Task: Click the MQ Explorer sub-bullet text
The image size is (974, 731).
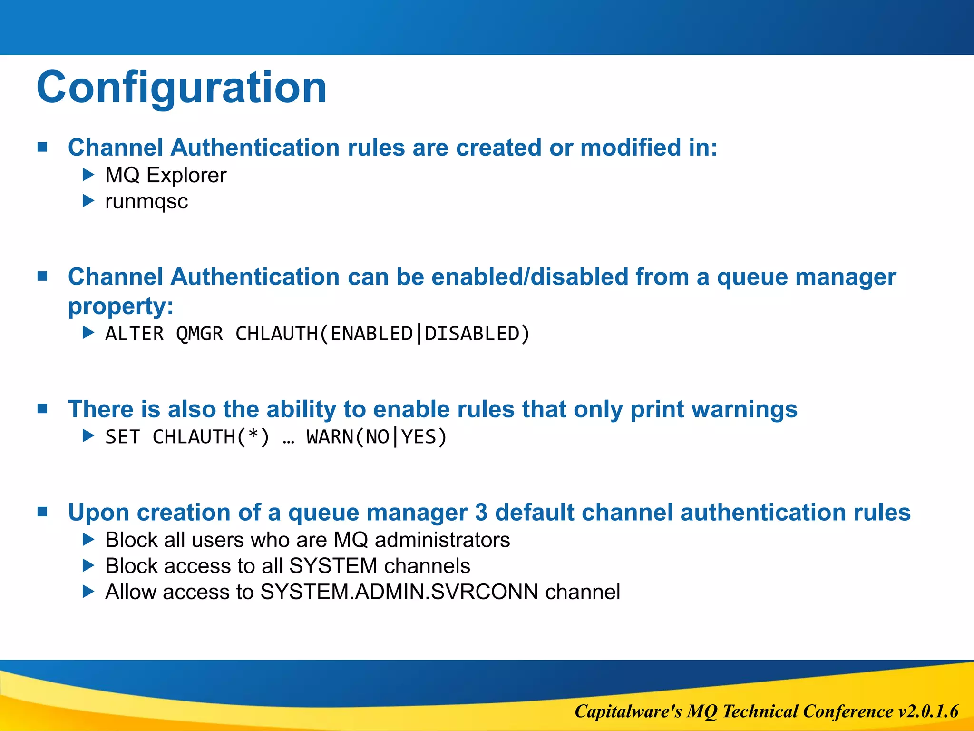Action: pyautogui.click(x=166, y=175)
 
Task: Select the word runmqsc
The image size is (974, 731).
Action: pyautogui.click(x=146, y=202)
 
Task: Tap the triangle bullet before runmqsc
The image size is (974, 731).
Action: pyautogui.click(x=88, y=201)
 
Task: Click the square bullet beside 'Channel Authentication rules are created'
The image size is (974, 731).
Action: pyautogui.click(x=43, y=147)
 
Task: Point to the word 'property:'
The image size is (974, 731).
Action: pyautogui.click(x=120, y=306)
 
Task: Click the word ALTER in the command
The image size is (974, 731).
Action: pyautogui.click(x=134, y=334)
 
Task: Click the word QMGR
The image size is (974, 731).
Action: pyautogui.click(x=199, y=334)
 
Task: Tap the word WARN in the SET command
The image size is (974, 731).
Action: pyautogui.click(x=330, y=437)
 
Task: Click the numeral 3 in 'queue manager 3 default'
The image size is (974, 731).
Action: pyautogui.click(x=481, y=513)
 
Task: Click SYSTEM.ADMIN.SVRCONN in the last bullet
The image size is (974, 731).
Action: pyautogui.click(x=399, y=592)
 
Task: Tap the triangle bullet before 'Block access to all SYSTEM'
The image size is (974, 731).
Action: pyautogui.click(x=88, y=565)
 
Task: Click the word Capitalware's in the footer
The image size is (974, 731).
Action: pyautogui.click(x=628, y=711)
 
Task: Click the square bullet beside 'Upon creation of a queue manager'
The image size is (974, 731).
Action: pyautogui.click(x=43, y=512)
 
